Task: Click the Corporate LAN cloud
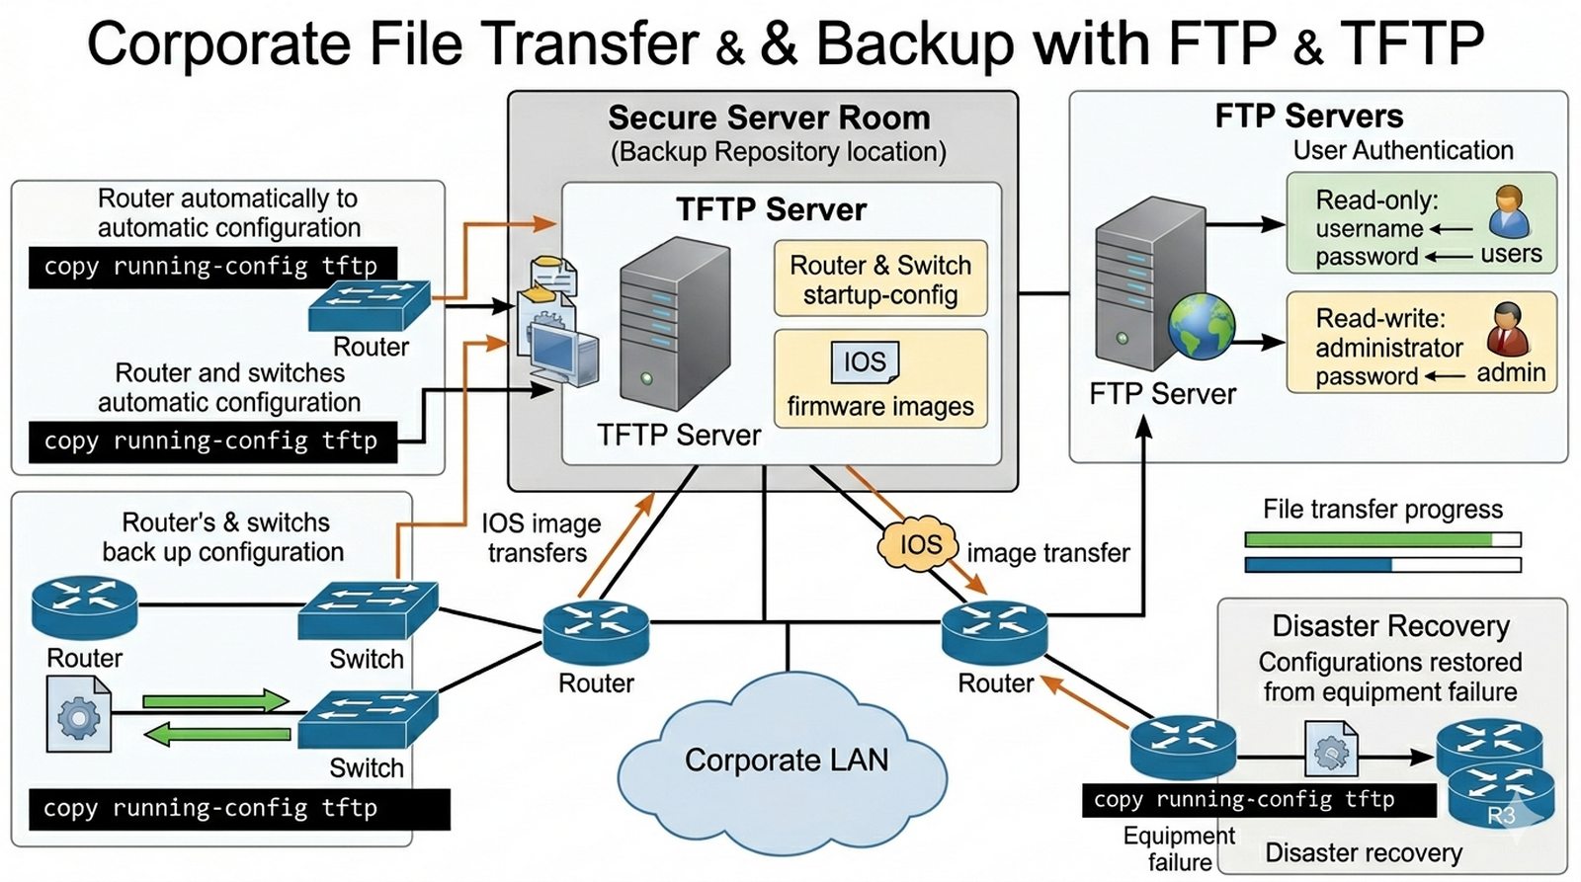pos(786,761)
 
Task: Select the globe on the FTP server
pos(1202,326)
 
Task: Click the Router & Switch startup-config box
pos(879,280)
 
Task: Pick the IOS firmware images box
pos(879,379)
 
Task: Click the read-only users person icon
pos(1509,212)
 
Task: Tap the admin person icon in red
pos(1509,330)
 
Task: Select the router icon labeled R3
pos(1501,796)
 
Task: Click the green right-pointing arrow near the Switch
pos(215,701)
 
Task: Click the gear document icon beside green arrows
pos(78,714)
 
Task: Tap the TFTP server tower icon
pos(674,321)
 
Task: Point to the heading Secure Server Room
pos(769,119)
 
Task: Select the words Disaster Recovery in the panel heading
pos(1390,626)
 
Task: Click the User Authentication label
pos(1403,150)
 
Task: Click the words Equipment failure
pos(1179,848)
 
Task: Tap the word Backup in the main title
pos(915,44)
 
